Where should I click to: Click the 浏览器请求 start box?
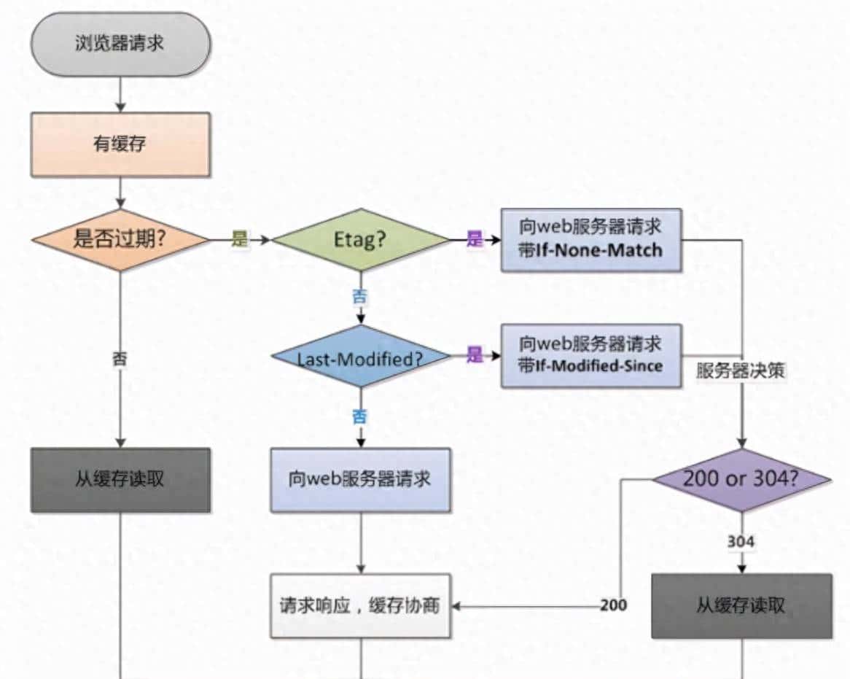(x=120, y=43)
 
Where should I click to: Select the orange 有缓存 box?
(x=120, y=144)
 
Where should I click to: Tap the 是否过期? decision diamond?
(x=120, y=239)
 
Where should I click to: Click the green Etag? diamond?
(x=360, y=239)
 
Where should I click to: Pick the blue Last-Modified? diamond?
(x=360, y=358)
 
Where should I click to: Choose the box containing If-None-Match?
(x=591, y=239)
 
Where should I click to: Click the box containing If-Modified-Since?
(x=591, y=355)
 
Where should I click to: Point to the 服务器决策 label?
(x=740, y=370)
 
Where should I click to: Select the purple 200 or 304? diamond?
(x=741, y=479)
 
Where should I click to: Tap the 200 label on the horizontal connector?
(x=614, y=605)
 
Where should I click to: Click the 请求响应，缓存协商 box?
(x=360, y=605)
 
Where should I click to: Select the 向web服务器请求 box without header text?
(x=360, y=479)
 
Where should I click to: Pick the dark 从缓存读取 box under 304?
(x=741, y=605)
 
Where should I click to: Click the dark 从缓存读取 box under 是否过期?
(x=120, y=479)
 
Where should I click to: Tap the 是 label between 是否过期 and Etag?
(x=240, y=239)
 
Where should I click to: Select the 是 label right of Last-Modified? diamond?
(x=475, y=355)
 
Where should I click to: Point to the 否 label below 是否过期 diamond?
(x=120, y=358)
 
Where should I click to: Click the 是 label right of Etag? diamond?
(x=475, y=239)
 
